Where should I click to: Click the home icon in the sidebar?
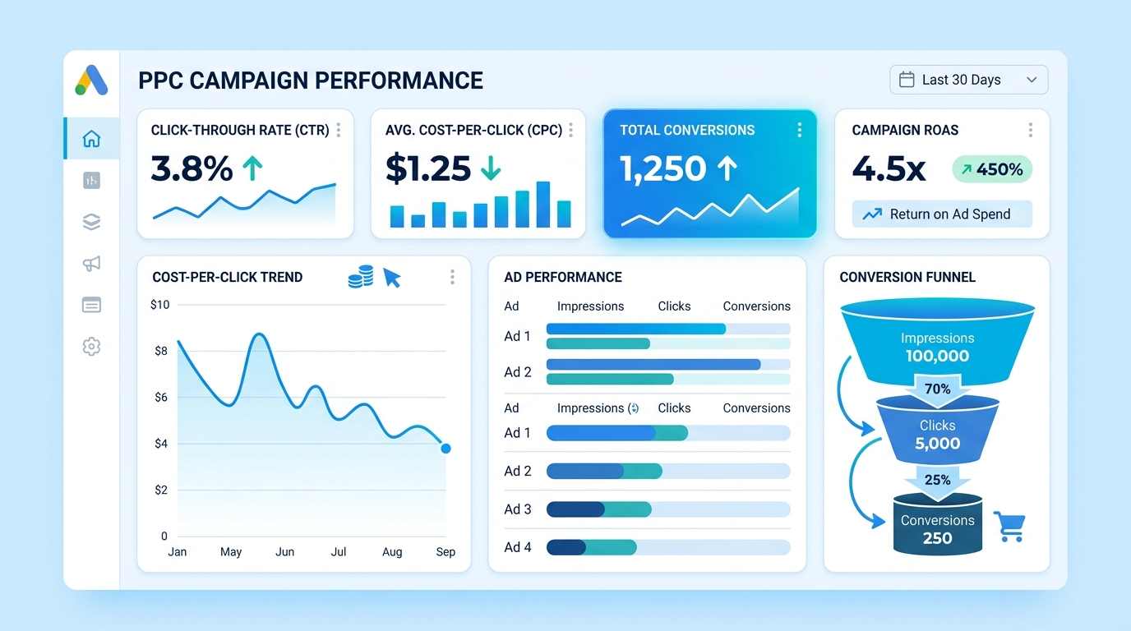click(91, 139)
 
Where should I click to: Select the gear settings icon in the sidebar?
click(91, 347)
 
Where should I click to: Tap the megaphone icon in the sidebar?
click(91, 263)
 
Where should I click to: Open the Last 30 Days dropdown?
click(968, 80)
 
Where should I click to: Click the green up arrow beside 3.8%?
click(252, 168)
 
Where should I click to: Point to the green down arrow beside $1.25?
click(490, 168)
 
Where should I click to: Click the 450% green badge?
click(992, 169)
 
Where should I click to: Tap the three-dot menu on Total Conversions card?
click(799, 131)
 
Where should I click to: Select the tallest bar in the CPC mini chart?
click(542, 205)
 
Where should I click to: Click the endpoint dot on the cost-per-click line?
click(445, 449)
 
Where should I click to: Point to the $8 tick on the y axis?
click(161, 351)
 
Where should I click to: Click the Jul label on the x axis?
click(339, 552)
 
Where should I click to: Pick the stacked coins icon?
click(361, 277)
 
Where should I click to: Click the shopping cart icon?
click(1009, 527)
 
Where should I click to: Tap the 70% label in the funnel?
click(938, 389)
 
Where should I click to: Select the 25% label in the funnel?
click(938, 480)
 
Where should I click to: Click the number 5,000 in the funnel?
click(938, 443)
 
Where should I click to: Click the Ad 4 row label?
click(518, 547)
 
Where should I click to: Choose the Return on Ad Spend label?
click(950, 214)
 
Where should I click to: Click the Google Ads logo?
click(91, 80)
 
